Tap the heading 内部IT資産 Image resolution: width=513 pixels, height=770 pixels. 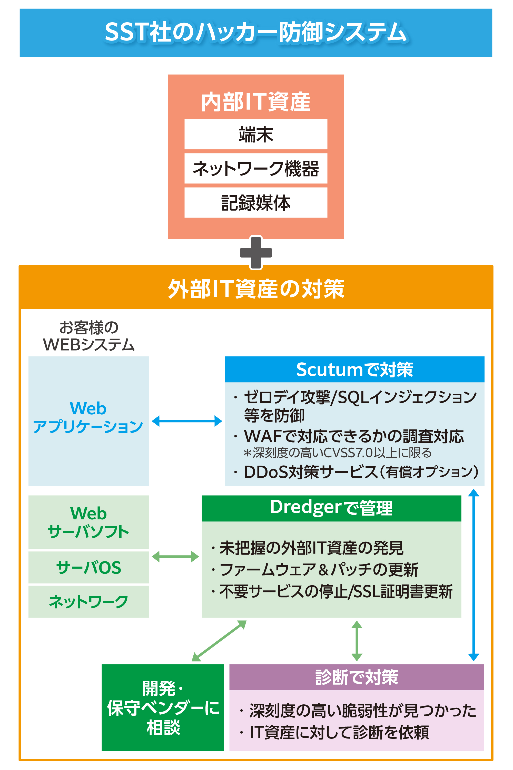coord(256,102)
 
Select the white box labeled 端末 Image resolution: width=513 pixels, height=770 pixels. coord(256,134)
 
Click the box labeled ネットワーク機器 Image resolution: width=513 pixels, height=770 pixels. coord(256,169)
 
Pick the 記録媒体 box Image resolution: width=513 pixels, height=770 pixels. coord(256,203)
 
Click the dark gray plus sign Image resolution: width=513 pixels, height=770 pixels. coord(256,253)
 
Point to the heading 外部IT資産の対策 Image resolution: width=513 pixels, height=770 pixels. coord(256,289)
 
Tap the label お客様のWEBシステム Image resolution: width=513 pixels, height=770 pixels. coord(89,336)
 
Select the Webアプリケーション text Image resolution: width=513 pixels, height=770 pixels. coord(88,418)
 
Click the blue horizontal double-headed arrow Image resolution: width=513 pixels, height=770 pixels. coord(187,421)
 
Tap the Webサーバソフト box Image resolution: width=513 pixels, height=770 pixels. coord(88,522)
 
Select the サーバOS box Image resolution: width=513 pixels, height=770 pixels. coord(88,568)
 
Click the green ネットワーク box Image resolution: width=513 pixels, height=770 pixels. coord(88,602)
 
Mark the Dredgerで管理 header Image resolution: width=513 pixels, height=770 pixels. coord(331,508)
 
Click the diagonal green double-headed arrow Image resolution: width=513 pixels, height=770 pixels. coord(219,641)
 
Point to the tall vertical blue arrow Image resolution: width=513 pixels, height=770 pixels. coord(473,575)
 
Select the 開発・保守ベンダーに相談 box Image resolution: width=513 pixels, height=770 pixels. coord(163,708)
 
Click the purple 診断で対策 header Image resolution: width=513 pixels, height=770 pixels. coord(357,677)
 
